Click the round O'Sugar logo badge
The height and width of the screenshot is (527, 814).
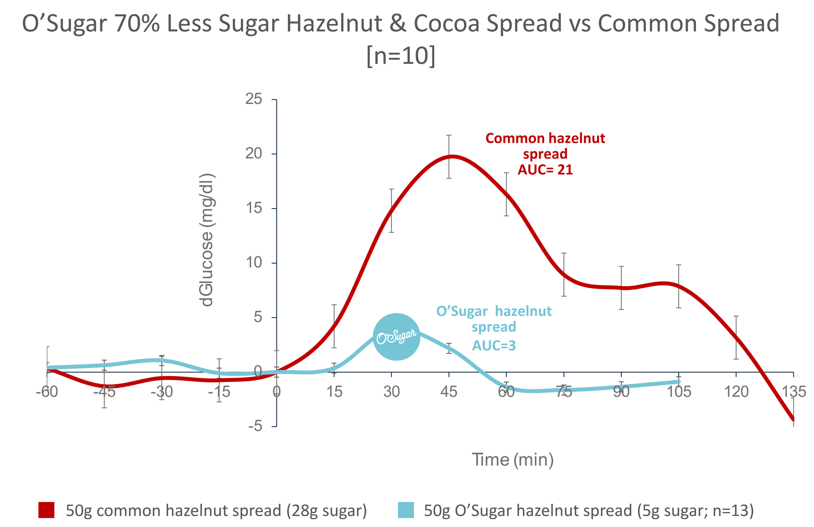tap(396, 337)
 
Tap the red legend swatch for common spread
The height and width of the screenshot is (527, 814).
tap(46, 510)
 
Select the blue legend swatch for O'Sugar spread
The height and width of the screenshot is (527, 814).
tap(405, 510)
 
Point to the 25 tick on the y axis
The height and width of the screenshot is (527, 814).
tap(254, 99)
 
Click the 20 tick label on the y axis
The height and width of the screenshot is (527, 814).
tap(254, 154)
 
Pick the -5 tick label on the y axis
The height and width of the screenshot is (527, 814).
tap(255, 426)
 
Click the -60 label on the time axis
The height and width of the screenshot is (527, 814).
tap(47, 392)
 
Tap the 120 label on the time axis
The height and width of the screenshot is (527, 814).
tap(736, 392)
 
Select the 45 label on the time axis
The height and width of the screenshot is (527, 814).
tap(449, 392)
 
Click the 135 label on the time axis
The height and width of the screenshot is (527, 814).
tap(794, 392)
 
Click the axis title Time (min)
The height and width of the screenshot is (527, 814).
tap(513, 459)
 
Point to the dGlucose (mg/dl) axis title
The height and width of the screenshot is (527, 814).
tap(207, 240)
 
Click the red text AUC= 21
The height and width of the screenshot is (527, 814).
tap(545, 170)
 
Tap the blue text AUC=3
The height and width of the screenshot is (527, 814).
tap(494, 346)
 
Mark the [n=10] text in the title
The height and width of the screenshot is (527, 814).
tap(401, 56)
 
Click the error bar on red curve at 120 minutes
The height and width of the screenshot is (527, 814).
tap(736, 338)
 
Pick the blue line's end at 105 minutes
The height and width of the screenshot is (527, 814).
tap(678, 381)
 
